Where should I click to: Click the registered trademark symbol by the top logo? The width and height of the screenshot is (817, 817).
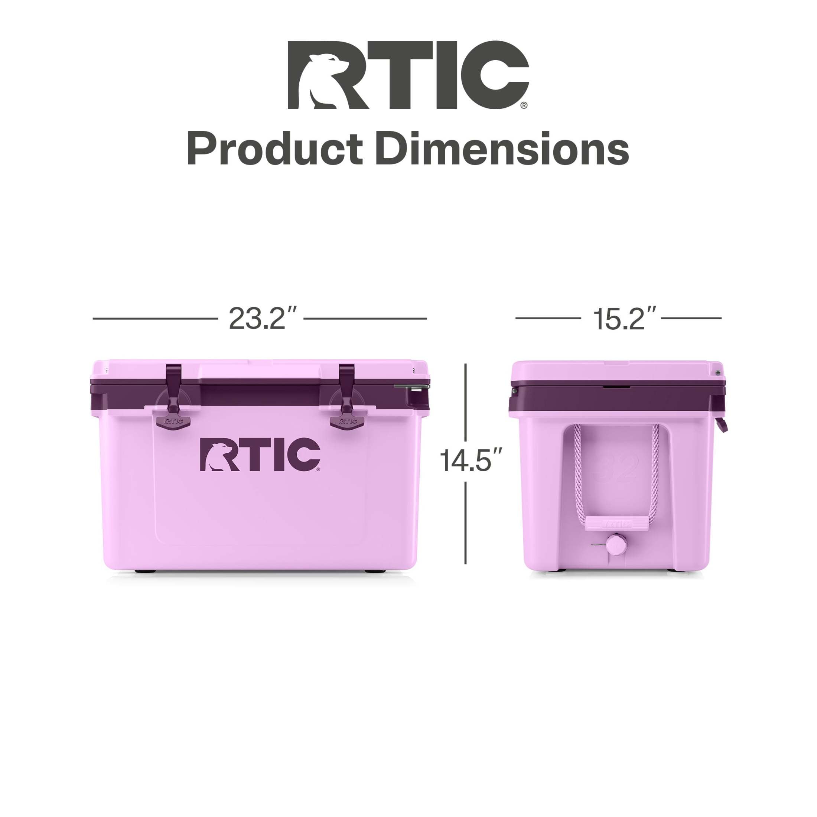(524, 105)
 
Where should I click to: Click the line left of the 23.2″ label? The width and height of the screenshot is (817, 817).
(154, 318)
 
